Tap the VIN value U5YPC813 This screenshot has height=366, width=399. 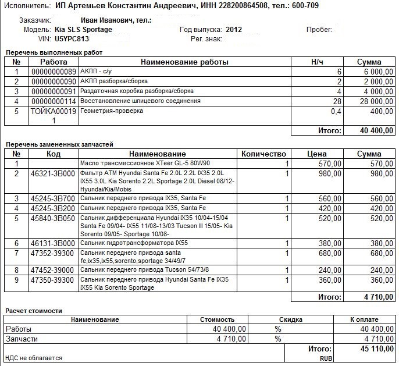tap(72, 38)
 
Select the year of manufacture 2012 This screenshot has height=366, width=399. tap(234, 29)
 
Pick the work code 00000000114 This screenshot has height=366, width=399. tap(53, 101)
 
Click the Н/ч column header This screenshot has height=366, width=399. tap(317, 62)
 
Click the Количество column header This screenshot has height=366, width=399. tap(263, 154)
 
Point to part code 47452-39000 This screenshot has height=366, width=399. tap(52, 270)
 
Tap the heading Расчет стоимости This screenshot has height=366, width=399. tap(33, 311)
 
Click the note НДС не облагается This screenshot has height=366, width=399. tap(33, 358)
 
